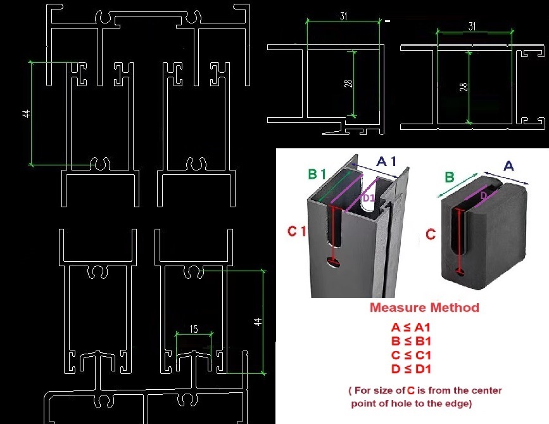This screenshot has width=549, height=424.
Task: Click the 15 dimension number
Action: click(x=194, y=329)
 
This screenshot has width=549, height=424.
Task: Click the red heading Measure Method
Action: click(x=424, y=307)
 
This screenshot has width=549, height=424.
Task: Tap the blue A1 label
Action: click(x=386, y=161)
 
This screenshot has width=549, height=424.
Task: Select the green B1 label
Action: click(x=317, y=174)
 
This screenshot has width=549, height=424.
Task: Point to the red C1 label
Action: click(x=296, y=231)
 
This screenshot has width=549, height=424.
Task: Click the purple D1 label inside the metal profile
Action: click(x=369, y=198)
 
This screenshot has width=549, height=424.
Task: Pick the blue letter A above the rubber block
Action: click(x=508, y=166)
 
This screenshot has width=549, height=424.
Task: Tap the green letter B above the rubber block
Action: click(x=449, y=177)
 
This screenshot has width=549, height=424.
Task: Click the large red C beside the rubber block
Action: click(x=431, y=234)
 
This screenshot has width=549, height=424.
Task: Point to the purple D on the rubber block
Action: click(x=483, y=195)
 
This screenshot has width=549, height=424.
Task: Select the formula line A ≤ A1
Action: click(x=410, y=328)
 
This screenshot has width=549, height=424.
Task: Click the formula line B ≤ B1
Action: click(x=411, y=341)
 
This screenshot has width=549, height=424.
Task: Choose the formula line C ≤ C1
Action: click(x=411, y=355)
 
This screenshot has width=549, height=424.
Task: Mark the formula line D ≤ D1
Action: click(x=411, y=369)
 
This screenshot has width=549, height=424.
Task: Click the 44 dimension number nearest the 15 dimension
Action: click(x=258, y=322)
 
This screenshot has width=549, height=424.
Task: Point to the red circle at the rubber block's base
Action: click(x=460, y=271)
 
